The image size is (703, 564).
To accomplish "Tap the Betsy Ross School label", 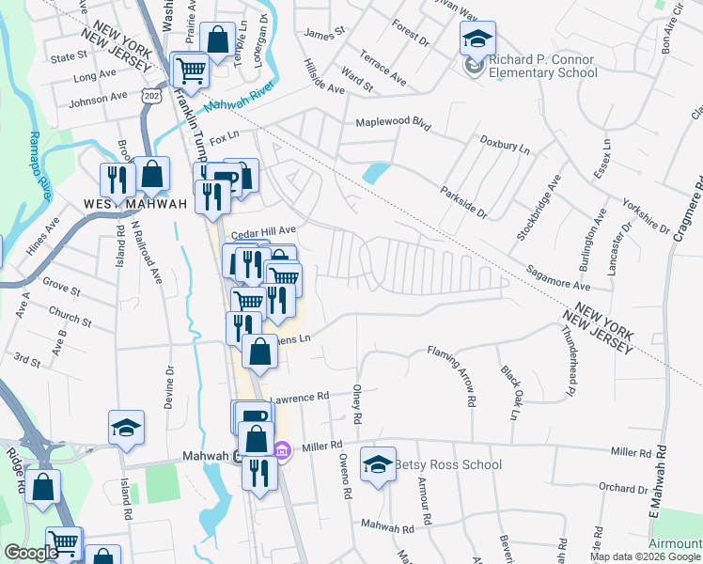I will pos(447,464).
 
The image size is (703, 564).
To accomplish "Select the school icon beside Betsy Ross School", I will pos(378,464).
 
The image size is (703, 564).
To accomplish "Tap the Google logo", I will pos(30,553).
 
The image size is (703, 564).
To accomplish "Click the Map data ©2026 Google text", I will pos(644,556).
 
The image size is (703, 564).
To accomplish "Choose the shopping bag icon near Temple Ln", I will pos(217,40).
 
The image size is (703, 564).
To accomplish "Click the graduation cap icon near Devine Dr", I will pos(125,429).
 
